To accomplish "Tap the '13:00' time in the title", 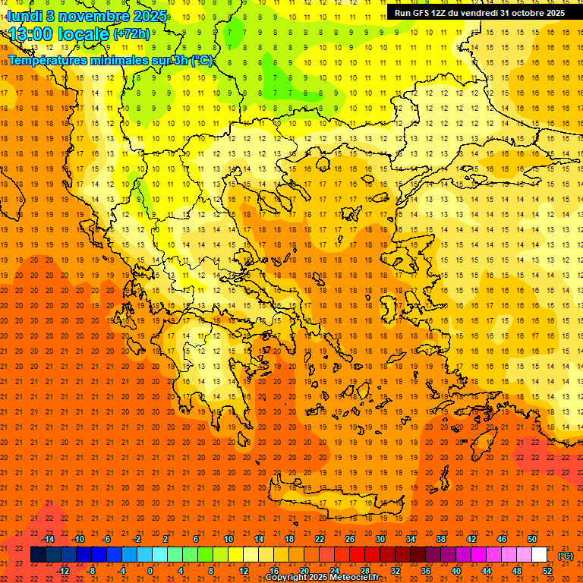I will coord(31,34).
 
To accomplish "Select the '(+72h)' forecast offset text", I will coord(131,34).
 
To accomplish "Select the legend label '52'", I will coord(547,570).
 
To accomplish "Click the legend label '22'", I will coord(320,539).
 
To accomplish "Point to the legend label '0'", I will coord(150,570).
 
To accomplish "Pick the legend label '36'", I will coord(426,570).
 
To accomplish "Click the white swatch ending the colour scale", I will coord(539,555).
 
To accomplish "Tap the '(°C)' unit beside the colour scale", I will coord(566,556).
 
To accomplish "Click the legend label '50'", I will coord(532,539).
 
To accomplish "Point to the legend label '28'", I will coord(365,570).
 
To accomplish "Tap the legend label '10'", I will coord(228,539).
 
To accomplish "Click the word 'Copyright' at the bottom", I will coord(288,578).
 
